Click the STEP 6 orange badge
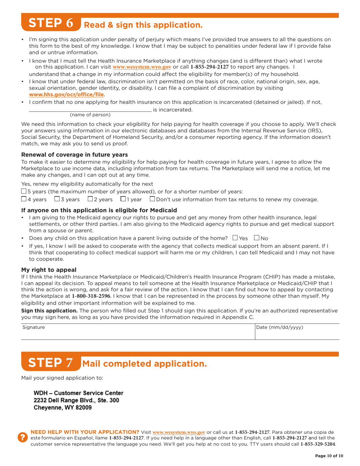[x=51, y=23]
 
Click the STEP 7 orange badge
[x=51, y=363]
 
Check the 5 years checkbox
[x=24, y=191]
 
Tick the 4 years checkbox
[x=24, y=199]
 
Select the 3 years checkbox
[x=57, y=199]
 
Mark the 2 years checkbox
[x=91, y=199]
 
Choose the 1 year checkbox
[x=123, y=199]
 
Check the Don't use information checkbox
[x=152, y=199]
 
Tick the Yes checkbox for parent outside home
[x=235, y=238]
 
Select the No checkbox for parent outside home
[x=257, y=238]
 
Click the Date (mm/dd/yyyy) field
[x=297, y=332]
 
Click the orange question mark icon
[x=23, y=437]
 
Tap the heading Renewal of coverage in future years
[x=74, y=155]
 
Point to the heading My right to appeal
[x=49, y=270]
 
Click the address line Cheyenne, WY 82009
[x=63, y=408]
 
